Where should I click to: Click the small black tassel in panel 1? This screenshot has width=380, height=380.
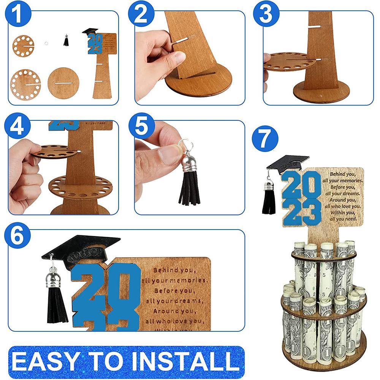(66, 40)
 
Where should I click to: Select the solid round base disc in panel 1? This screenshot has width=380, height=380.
(63, 81)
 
